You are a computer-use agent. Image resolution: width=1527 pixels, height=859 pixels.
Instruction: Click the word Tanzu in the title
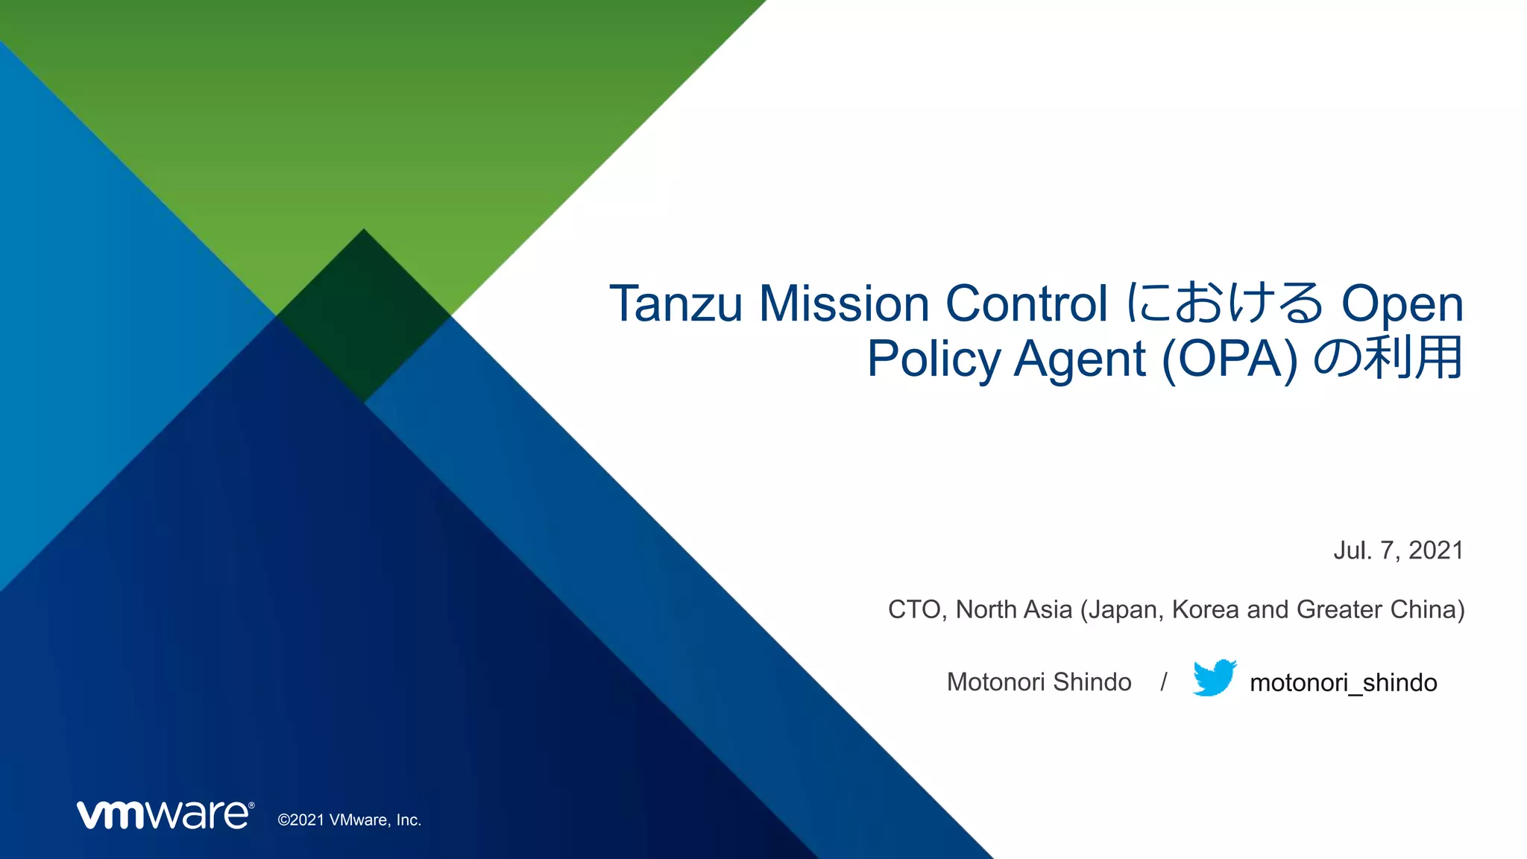676,304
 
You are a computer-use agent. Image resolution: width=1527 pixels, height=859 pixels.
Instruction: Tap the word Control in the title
1027,304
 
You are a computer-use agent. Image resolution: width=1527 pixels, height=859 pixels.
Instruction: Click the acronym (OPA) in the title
1230,359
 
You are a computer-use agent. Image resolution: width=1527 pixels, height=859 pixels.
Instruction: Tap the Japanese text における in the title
1224,304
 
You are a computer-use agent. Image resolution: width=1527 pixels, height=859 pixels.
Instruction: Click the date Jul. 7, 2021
1398,550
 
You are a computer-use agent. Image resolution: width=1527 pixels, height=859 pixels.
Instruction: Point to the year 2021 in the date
1436,550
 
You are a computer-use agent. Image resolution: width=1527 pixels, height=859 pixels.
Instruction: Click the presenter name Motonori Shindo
1039,682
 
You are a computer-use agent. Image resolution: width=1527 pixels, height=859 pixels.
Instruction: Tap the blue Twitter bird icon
1215,678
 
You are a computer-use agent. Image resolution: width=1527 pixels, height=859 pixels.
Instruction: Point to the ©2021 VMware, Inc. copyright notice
350,820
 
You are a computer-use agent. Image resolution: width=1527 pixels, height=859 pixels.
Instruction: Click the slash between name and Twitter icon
1163,682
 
